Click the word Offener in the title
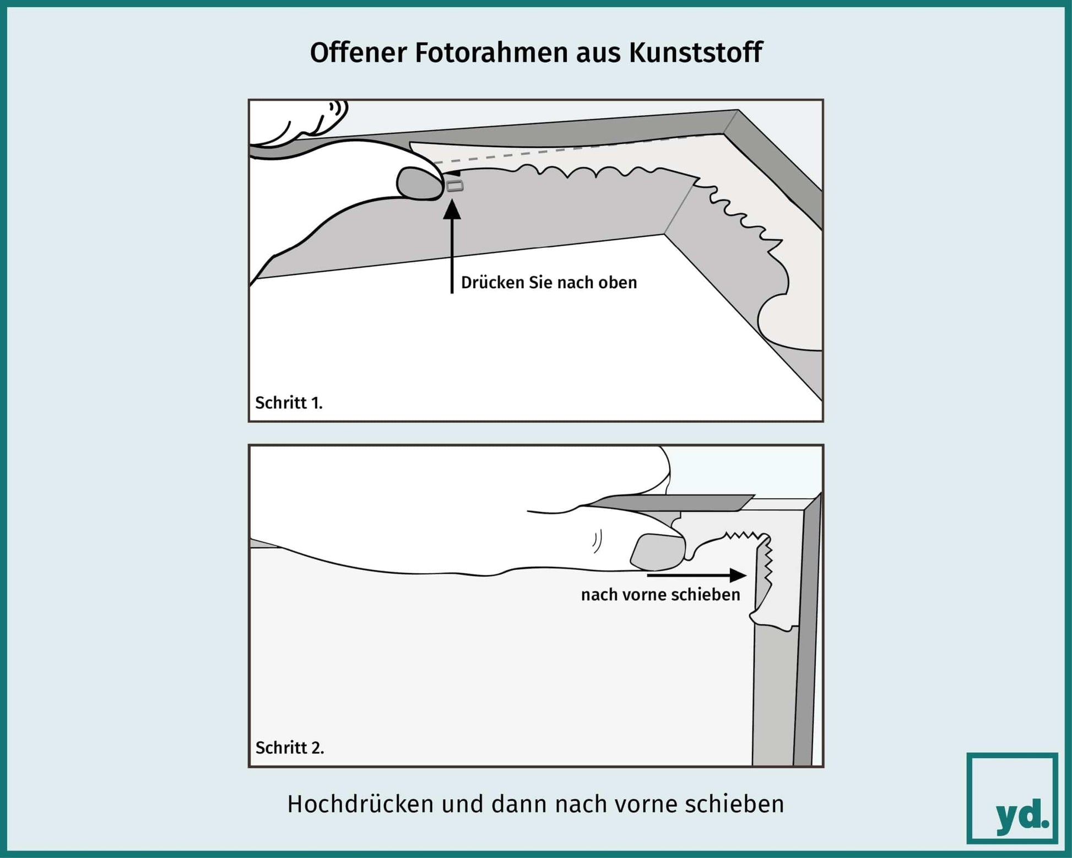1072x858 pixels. [x=358, y=53]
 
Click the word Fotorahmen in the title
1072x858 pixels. [x=491, y=53]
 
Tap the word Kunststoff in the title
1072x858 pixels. [x=695, y=53]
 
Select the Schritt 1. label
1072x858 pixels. [x=289, y=403]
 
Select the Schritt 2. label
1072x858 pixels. [x=290, y=748]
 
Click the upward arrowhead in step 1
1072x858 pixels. [x=452, y=209]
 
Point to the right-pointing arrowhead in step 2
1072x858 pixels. [x=738, y=575]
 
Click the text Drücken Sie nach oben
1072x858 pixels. [x=549, y=283]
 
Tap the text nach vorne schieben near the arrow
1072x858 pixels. [x=660, y=595]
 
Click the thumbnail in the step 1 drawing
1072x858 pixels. [x=420, y=182]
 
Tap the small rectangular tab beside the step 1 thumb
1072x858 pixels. [x=455, y=187]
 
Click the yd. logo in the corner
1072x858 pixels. [x=1013, y=798]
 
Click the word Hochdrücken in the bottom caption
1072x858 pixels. [x=361, y=804]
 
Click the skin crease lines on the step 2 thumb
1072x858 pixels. [x=597, y=542]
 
